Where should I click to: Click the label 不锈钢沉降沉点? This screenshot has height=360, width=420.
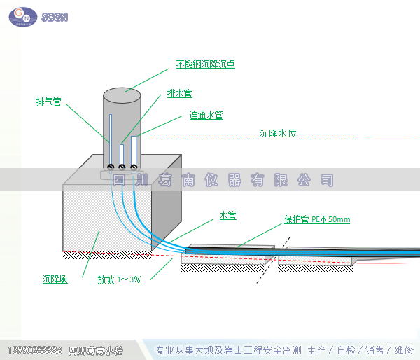(x=205, y=64)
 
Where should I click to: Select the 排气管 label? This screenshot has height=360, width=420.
(x=48, y=102)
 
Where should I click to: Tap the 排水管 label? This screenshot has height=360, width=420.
(x=180, y=93)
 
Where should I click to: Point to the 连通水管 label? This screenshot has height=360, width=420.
(x=206, y=116)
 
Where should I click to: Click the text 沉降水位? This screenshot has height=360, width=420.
(x=278, y=132)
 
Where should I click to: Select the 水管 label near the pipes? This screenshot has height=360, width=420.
(x=228, y=216)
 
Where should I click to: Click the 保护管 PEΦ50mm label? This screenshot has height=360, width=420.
(x=316, y=219)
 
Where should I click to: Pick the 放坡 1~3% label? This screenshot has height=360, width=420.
(x=120, y=279)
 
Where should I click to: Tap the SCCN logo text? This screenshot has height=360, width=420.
(x=55, y=17)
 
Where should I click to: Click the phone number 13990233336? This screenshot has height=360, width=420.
(x=35, y=349)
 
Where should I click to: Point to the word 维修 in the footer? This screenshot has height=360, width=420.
(x=404, y=350)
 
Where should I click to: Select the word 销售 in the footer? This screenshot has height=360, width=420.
(x=374, y=350)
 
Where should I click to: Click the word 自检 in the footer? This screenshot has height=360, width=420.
(x=346, y=350)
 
